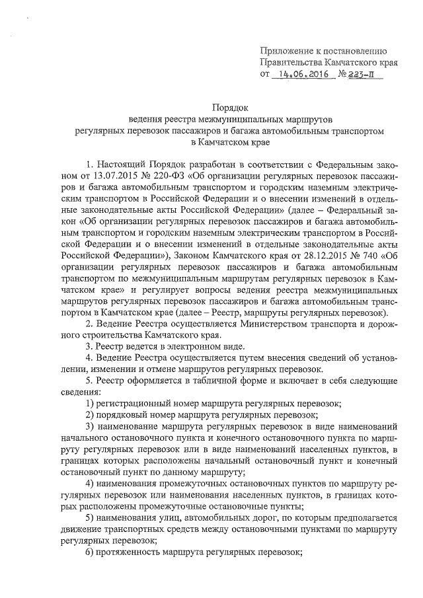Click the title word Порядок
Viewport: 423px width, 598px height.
tap(228, 106)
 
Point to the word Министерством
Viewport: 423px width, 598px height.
tap(261, 323)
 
